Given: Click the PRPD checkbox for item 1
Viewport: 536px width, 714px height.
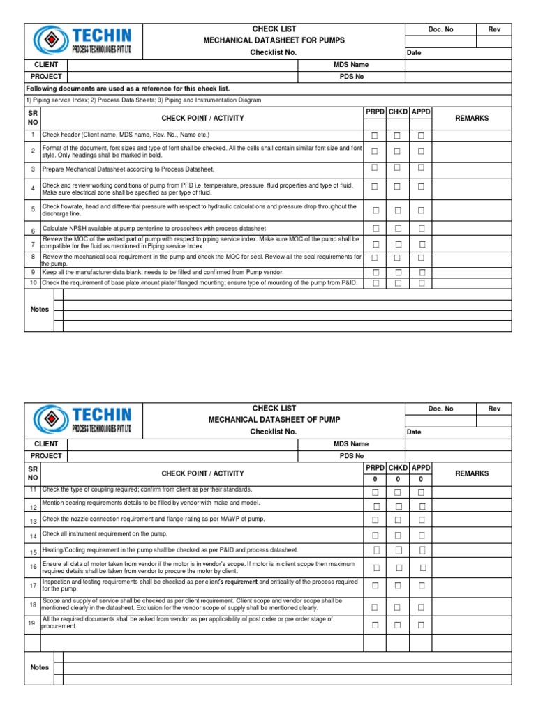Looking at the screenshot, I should [375, 135].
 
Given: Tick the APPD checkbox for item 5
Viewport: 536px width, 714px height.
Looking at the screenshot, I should [421, 210].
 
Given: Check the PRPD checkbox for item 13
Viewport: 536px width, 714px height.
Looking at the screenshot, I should [375, 520].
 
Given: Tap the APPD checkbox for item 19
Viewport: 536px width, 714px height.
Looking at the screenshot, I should [421, 625].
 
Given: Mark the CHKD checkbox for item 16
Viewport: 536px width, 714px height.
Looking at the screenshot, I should [398, 568].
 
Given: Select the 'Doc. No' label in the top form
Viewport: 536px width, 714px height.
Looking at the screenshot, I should [440, 29].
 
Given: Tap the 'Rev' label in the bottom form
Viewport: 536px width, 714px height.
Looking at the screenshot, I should [494, 409].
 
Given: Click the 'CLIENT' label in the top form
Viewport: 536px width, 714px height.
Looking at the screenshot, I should [46, 65].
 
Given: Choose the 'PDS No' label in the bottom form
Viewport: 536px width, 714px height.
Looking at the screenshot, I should [352, 456].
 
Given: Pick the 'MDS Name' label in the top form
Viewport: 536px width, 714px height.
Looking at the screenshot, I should [351, 65].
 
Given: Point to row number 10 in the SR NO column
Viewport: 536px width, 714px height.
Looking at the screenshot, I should [32, 283].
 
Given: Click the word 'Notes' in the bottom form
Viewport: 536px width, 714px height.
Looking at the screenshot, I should [40, 667].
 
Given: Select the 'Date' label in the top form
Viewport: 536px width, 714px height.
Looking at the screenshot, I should [414, 53].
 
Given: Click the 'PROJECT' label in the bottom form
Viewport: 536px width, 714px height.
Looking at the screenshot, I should [46, 456].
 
